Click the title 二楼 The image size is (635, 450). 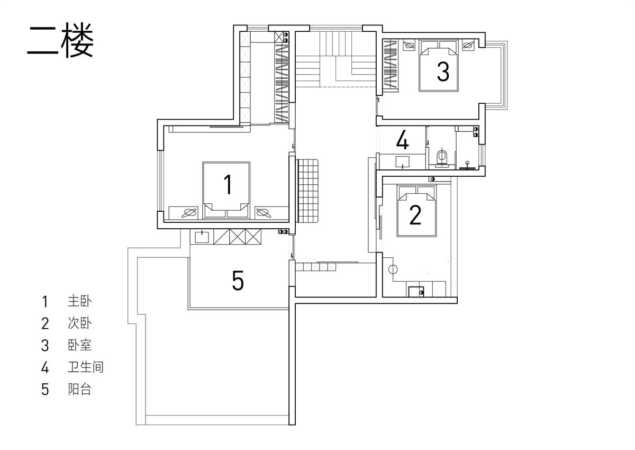tap(60, 40)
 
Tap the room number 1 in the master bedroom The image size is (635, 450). tap(228, 184)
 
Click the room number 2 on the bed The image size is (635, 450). tap(415, 215)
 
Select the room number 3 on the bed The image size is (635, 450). tap(443, 72)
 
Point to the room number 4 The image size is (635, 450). tap(403, 140)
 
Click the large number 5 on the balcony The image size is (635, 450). tap(238, 281)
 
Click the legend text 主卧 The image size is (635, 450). tap(80, 301)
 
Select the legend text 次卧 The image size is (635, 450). tap(80, 323)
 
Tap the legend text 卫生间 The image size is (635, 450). tap(86, 367)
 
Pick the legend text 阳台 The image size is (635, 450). tap(80, 389)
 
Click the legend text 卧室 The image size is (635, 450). tap(80, 345)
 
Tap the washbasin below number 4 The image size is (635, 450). tap(402, 161)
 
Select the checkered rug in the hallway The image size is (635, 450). tap(307, 191)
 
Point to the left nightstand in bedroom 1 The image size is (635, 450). tap(184, 213)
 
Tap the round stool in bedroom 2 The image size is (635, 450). tap(393, 269)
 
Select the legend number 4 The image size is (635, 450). tap(45, 367)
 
